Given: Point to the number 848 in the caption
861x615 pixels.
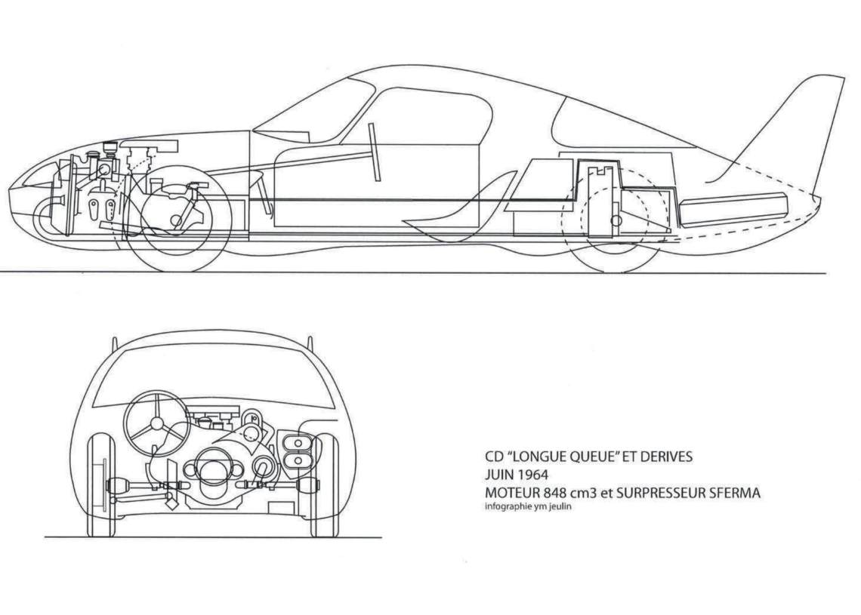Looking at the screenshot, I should [550, 494].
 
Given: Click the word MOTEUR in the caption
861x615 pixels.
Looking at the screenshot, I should [510, 494].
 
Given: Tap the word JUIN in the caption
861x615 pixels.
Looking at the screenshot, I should [498, 475].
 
